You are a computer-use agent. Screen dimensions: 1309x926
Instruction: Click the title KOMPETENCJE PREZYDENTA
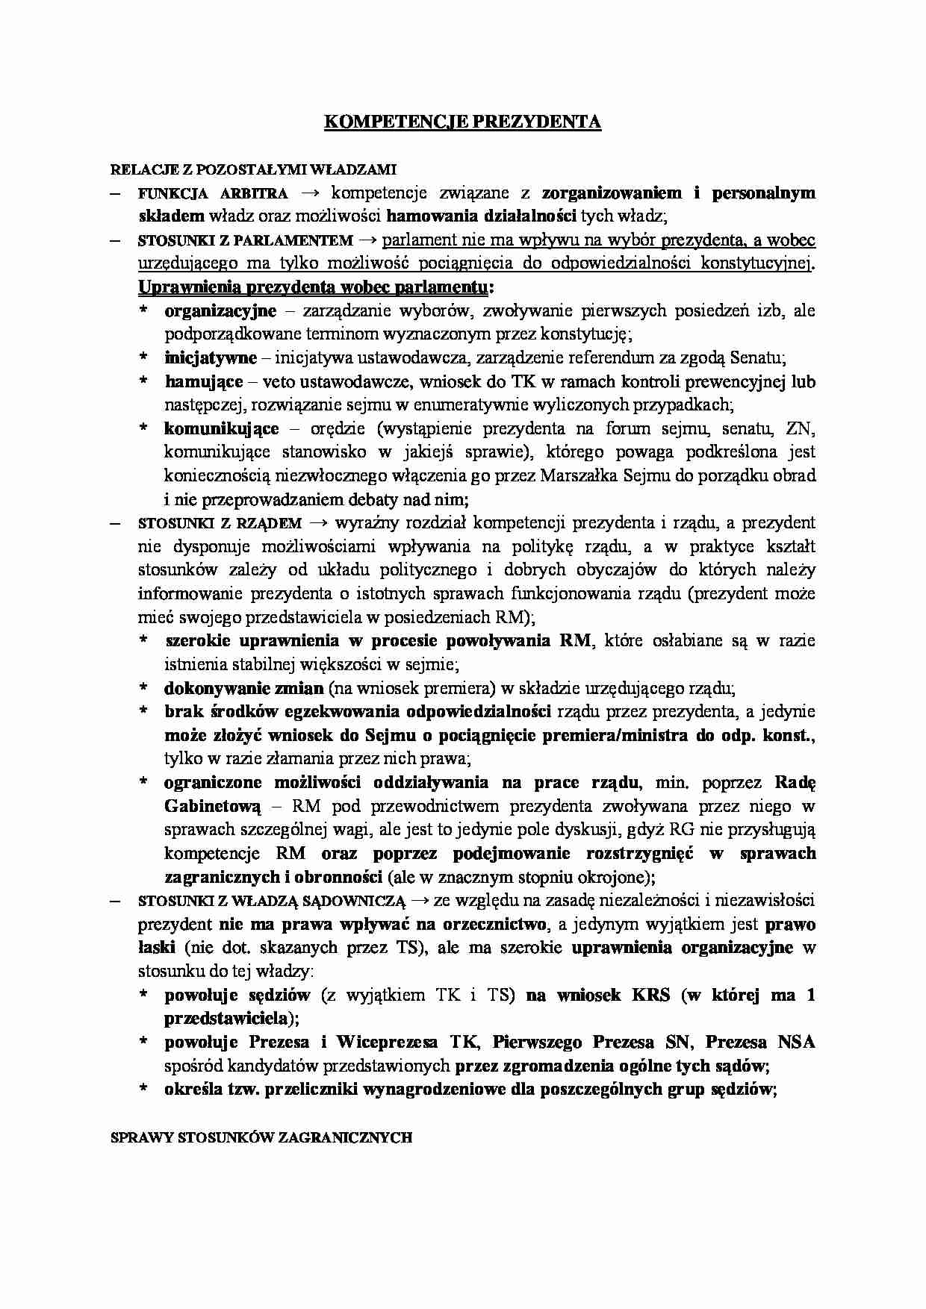point(462,122)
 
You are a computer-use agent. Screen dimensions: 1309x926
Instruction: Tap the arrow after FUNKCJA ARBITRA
point(308,193)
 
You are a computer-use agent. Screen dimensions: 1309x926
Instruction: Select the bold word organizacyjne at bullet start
point(220,310)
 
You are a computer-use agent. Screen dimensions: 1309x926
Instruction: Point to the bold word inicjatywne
point(211,358)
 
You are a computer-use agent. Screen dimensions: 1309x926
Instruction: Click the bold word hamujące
point(203,382)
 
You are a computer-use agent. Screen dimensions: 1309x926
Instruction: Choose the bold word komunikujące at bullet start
point(222,429)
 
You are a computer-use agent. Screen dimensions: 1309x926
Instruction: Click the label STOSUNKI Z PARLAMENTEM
point(246,241)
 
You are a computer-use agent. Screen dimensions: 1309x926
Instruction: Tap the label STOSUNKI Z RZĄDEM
point(220,523)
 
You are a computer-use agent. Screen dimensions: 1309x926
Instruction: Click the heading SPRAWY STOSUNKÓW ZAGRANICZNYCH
point(261,1137)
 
